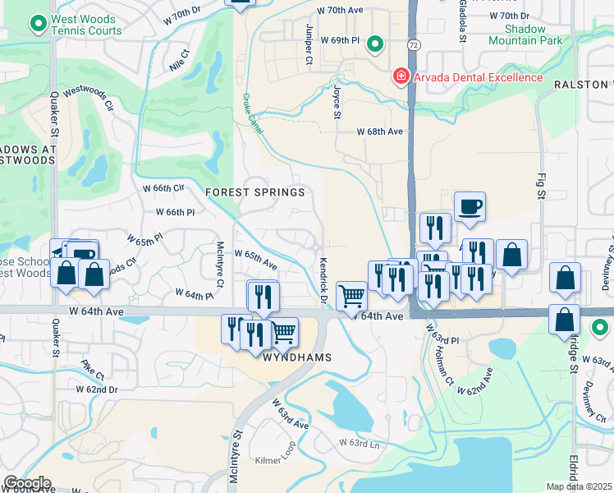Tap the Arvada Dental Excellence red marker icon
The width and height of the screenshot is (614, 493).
click(x=401, y=77)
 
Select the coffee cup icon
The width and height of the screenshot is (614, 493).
click(x=470, y=206)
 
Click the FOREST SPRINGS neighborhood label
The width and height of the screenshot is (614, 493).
click(x=255, y=192)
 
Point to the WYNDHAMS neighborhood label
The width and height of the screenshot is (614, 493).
click(x=296, y=358)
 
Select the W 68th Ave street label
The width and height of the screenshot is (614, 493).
click(x=379, y=131)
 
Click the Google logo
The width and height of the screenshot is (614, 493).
click(x=27, y=483)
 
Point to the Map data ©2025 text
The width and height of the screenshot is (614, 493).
click(x=579, y=486)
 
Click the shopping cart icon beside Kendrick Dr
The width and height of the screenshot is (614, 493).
click(x=351, y=295)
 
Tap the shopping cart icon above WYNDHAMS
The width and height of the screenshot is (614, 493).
click(x=283, y=331)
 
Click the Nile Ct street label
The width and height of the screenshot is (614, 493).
click(x=178, y=59)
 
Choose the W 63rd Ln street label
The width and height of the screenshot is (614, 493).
click(x=359, y=444)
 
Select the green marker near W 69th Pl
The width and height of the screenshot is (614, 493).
click(x=375, y=43)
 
